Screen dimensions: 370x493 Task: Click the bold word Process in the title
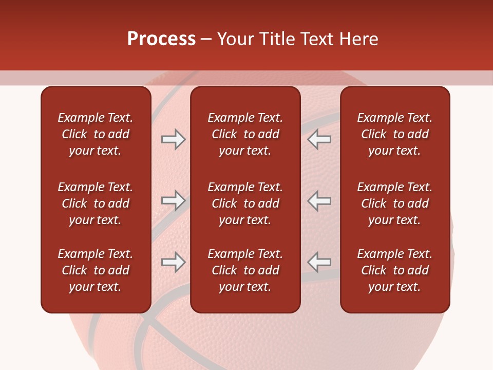tap(161, 39)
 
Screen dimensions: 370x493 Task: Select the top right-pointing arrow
tap(173, 139)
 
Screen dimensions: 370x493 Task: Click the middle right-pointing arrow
tap(173, 200)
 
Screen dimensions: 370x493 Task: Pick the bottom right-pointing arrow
tap(173, 262)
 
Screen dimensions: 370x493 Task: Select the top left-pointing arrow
tap(319, 139)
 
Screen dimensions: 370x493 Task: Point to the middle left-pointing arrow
tap(319, 200)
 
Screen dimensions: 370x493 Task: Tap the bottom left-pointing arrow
tap(319, 262)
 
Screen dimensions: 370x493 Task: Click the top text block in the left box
tap(96, 134)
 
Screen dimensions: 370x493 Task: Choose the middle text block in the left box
tap(96, 203)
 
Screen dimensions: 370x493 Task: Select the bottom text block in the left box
tap(96, 270)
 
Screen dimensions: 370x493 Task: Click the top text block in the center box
tap(245, 134)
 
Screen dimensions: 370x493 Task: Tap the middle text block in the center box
tap(245, 203)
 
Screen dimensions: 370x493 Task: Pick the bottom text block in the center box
tap(245, 270)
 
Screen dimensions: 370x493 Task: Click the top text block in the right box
tap(394, 134)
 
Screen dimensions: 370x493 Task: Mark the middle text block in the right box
tap(394, 203)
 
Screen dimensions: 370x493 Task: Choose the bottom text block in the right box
tap(394, 270)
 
